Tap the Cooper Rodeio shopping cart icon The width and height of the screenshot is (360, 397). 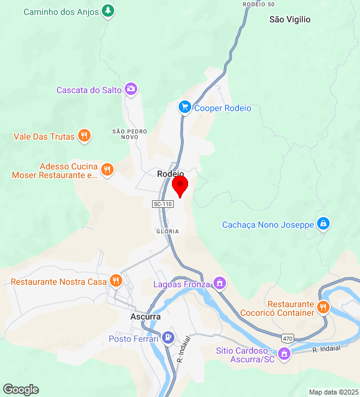coord(184,107)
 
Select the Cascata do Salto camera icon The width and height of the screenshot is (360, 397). coord(131,89)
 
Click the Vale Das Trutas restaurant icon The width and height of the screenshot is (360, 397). coord(84,136)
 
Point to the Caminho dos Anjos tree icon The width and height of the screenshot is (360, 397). coord(109,11)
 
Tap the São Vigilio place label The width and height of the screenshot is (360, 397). coord(290,19)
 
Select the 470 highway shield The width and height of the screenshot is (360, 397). coord(287,338)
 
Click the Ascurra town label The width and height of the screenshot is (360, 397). coord(146,316)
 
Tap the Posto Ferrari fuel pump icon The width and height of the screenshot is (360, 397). coord(168,338)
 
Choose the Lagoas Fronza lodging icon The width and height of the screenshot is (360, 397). coord(219,283)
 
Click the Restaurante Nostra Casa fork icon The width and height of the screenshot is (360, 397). coord(115,281)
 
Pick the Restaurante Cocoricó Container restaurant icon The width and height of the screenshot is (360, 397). coord(323,308)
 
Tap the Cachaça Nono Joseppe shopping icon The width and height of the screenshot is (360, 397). coord(323,224)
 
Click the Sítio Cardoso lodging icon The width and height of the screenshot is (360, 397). coord(284,354)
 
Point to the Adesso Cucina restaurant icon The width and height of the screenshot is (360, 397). coord(107,170)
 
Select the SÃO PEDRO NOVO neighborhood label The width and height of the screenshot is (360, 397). coord(129,134)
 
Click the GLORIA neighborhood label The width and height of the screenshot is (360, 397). coord(168,231)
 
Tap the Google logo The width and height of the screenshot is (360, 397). coord(20,390)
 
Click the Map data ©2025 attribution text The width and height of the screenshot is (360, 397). coord(333,392)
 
